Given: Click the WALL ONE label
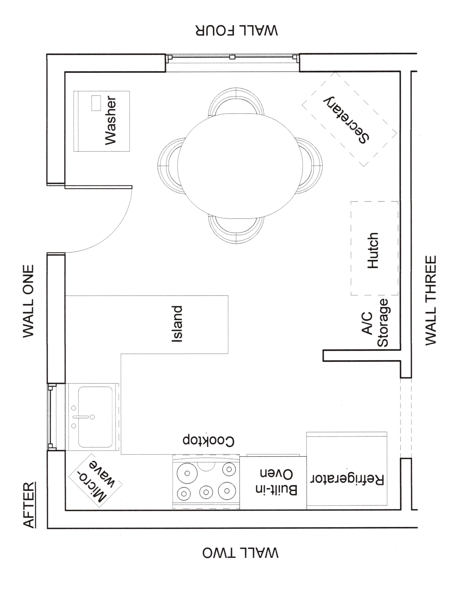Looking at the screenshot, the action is point(28,301).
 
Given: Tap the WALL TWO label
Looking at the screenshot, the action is point(240,553).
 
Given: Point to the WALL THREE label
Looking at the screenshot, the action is point(431,300).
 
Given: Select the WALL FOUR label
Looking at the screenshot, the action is point(237,30).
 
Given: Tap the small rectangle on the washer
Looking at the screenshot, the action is point(96,103).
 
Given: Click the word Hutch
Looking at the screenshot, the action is point(373,250).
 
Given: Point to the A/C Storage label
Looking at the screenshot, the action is point(375,323).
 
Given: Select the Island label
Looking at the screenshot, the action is point(177,324).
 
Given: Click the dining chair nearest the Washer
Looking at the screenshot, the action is point(168,166).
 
